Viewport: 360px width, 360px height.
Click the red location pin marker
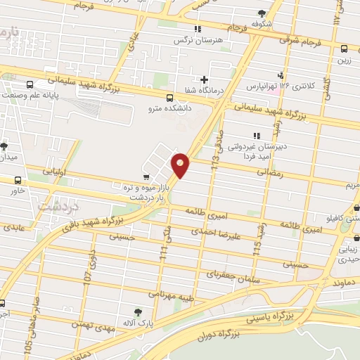pos(181,165)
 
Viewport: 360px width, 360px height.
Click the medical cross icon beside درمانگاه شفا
pos(205,79)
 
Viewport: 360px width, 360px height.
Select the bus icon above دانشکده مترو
pos(169,98)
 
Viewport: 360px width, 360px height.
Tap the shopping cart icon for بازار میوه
pos(146,177)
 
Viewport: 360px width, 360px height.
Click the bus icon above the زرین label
pos(344,49)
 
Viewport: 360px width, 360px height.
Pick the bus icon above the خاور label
pos(17,180)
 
